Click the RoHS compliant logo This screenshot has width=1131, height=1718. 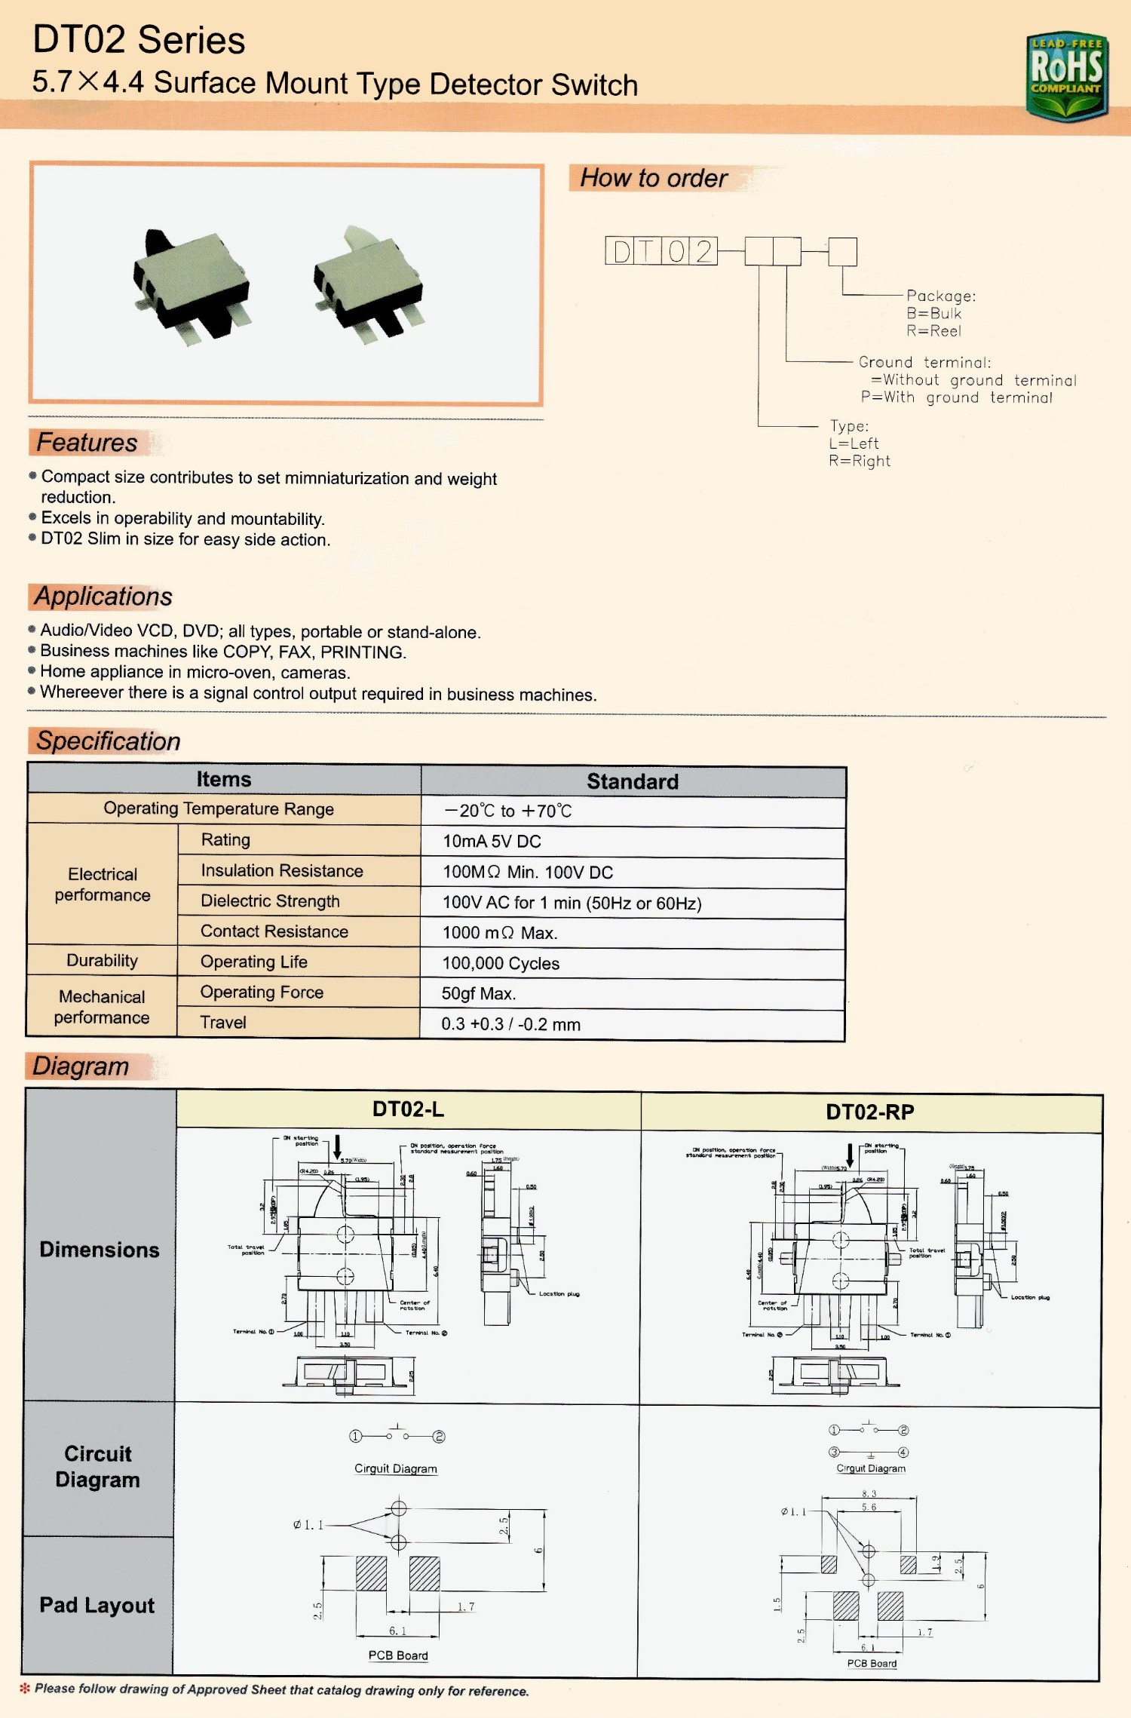(x=1066, y=76)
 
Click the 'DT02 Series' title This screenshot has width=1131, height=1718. (x=139, y=40)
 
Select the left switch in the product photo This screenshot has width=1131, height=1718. (x=193, y=287)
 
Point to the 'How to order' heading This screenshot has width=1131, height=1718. (x=653, y=178)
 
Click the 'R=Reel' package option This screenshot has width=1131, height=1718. (x=933, y=331)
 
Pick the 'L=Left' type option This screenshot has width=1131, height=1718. (x=854, y=443)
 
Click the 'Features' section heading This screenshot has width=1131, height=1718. (x=87, y=443)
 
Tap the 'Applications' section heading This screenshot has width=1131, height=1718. (x=103, y=597)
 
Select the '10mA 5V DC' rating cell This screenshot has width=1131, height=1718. (x=492, y=841)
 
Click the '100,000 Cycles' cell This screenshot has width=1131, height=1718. (x=501, y=963)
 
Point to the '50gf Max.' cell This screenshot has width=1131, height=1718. (x=479, y=993)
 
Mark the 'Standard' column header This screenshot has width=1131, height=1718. (x=633, y=781)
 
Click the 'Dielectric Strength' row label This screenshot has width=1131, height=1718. (x=270, y=901)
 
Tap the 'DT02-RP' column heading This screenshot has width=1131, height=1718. (x=869, y=1112)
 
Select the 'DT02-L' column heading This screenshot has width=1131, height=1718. (x=408, y=1109)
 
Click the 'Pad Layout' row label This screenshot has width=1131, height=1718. (x=97, y=1605)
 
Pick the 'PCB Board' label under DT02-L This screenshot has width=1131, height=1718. (x=398, y=1655)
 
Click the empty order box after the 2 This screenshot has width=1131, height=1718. (x=759, y=251)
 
